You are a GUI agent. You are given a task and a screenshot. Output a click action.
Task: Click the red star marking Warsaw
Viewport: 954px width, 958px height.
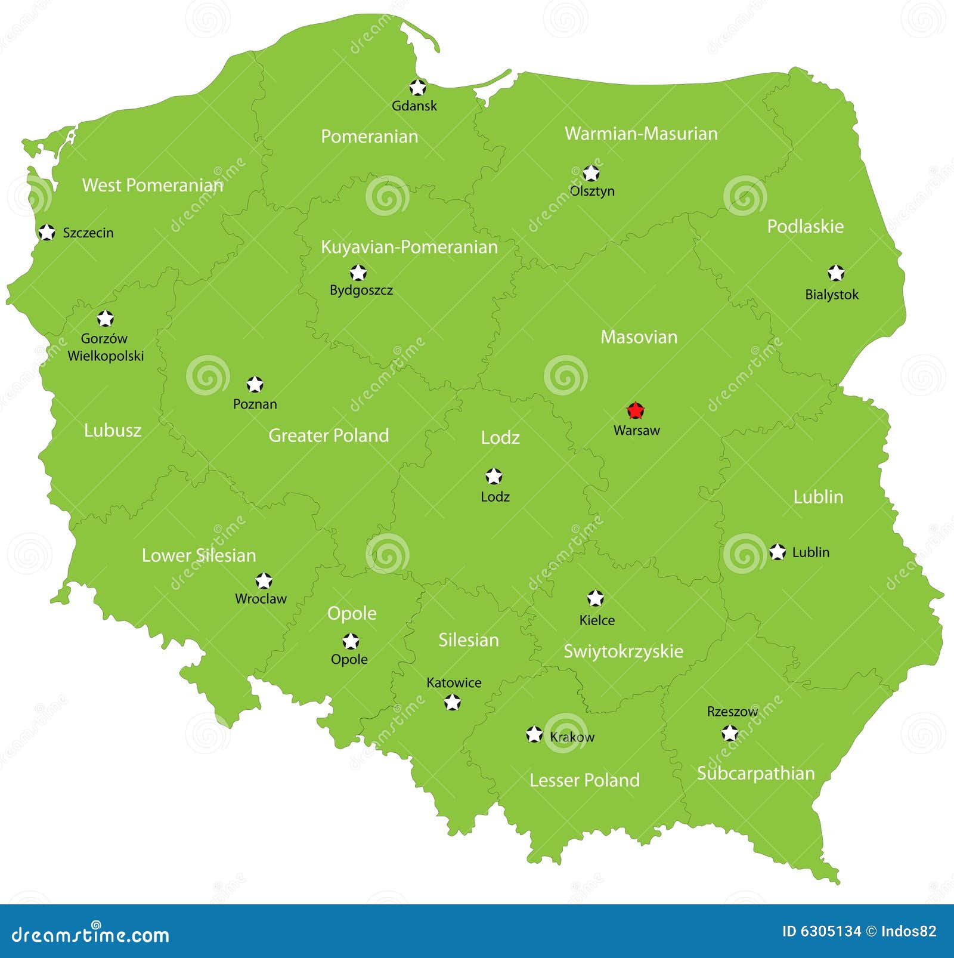tap(636, 410)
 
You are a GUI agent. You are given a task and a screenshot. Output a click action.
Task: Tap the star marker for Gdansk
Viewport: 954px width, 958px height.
tap(417, 88)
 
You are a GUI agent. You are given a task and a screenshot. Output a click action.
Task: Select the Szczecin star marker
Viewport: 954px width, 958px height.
tap(47, 232)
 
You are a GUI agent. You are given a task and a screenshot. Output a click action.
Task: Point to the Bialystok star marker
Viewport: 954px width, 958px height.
tap(836, 273)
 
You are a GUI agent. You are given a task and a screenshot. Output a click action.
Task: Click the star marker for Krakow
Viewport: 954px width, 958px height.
tap(534, 734)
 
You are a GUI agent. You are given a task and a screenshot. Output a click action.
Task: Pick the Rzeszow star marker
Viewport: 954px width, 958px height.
tap(730, 733)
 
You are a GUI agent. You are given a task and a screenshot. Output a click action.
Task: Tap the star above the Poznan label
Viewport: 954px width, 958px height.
tap(255, 385)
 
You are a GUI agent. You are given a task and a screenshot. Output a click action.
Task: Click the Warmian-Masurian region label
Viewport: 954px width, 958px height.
tap(641, 134)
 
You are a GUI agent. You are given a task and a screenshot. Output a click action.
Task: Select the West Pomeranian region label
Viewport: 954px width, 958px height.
tap(153, 185)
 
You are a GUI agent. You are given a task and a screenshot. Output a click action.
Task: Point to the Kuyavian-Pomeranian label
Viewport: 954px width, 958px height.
tap(409, 247)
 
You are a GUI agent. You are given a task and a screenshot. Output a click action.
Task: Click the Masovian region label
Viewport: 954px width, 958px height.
tap(639, 337)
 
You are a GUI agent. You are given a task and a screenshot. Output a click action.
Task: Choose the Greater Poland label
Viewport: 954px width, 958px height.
tap(329, 435)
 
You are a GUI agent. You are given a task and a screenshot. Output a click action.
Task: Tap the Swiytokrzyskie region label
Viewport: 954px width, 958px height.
tap(623, 651)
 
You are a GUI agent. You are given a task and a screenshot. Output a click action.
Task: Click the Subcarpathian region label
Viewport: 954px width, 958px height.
tap(755, 773)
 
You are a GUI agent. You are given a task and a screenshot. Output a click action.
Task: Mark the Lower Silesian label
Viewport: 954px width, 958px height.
tap(199, 555)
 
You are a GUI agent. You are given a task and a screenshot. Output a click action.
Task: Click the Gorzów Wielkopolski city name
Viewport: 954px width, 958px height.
tap(106, 347)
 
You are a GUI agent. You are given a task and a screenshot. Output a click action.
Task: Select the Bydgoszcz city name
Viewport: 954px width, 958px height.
tap(361, 291)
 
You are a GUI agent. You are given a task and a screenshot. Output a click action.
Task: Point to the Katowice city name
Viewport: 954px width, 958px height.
tap(454, 682)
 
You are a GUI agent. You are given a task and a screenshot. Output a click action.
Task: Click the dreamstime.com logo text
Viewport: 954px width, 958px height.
tap(91, 934)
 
